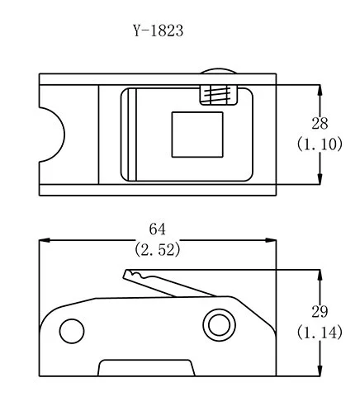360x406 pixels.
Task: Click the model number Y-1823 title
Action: [159, 31]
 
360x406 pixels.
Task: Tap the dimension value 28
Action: [320, 124]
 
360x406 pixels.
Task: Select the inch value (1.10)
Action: [320, 144]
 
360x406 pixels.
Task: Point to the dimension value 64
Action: [158, 229]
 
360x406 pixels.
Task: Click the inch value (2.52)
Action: [158, 250]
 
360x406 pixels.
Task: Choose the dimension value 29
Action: [320, 312]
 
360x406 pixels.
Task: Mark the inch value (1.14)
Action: [320, 333]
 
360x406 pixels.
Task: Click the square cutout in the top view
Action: [197, 135]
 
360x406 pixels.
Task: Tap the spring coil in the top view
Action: [218, 95]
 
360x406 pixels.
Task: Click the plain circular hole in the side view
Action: [72, 331]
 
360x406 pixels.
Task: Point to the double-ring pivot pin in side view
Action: [219, 325]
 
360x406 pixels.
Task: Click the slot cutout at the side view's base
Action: [146, 367]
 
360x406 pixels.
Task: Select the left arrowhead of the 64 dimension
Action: [45, 240]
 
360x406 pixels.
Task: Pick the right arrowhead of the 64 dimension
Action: [271, 240]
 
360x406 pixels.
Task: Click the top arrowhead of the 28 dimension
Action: [320, 90]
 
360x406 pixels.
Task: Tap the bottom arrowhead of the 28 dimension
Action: [320, 179]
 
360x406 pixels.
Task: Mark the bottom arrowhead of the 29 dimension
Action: [320, 371]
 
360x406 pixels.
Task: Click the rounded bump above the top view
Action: [218, 71]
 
